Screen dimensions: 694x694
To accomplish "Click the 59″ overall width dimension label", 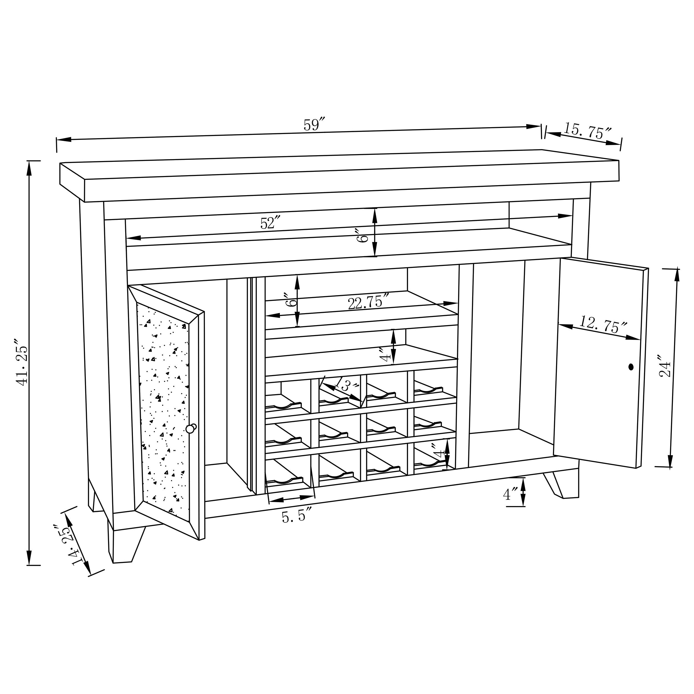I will click(314, 125).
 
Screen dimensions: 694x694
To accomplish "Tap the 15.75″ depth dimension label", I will click(587, 131).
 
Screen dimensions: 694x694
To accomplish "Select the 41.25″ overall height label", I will click(22, 362).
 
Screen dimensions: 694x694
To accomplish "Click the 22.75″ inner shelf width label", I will click(368, 303).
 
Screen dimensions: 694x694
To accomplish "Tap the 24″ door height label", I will click(665, 366).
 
